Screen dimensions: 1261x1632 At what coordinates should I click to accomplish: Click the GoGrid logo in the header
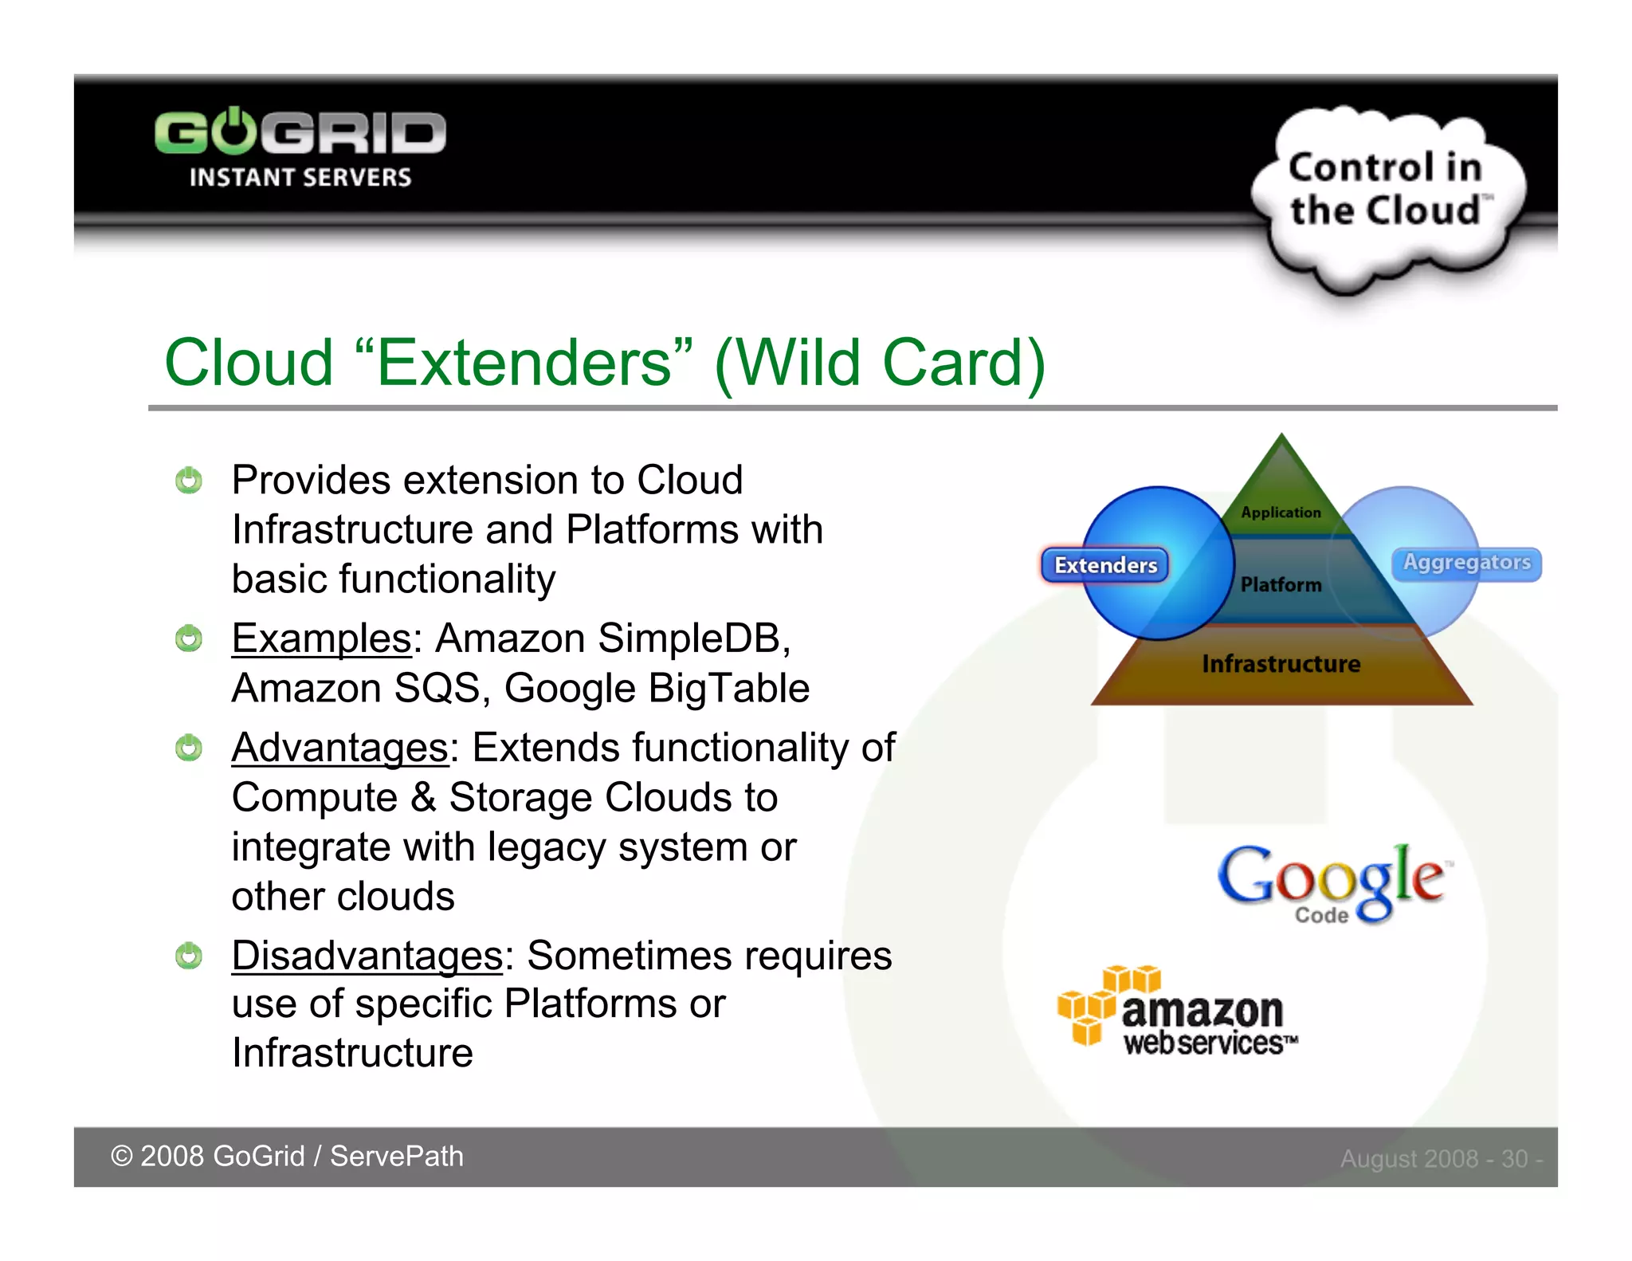pyautogui.click(x=300, y=132)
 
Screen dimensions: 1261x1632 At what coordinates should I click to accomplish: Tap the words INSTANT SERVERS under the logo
pyautogui.click(x=300, y=178)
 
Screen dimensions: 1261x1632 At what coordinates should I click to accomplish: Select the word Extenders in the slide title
pyautogui.click(x=524, y=363)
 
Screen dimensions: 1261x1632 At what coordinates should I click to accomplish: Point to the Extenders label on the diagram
pyautogui.click(x=1105, y=565)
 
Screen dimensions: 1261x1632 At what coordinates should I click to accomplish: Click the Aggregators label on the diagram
pyautogui.click(x=1466, y=563)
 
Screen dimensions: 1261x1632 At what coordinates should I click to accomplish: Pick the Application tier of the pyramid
pyautogui.click(x=1281, y=512)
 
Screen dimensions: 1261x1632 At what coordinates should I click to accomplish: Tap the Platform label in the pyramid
pyautogui.click(x=1281, y=585)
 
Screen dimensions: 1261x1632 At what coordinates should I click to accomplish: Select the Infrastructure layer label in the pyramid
pyautogui.click(x=1281, y=664)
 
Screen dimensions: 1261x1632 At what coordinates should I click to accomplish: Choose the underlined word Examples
pyautogui.click(x=321, y=638)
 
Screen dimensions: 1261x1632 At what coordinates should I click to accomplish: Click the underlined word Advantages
pyautogui.click(x=340, y=748)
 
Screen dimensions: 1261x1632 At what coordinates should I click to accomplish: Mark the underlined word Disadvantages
pyautogui.click(x=367, y=956)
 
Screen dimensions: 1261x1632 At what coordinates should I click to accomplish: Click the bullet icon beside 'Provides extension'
pyautogui.click(x=189, y=481)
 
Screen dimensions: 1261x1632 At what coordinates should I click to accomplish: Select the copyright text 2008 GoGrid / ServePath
pyautogui.click(x=287, y=1157)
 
